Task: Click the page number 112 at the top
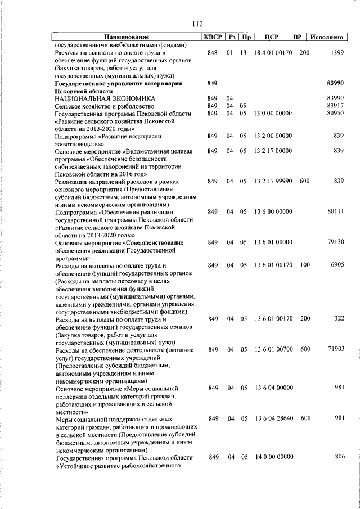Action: [196, 24]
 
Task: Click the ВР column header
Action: [298, 37]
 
